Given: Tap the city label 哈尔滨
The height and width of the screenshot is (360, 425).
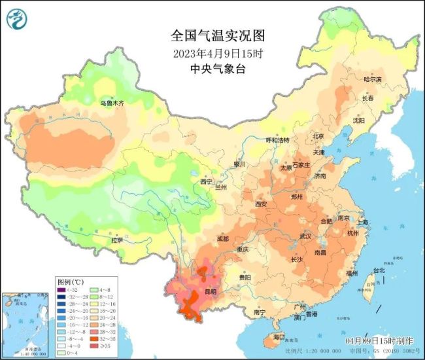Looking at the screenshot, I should point(373,79).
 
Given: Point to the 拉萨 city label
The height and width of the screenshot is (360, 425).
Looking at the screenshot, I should point(116,240).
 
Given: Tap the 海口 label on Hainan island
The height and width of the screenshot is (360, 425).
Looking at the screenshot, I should point(279,336).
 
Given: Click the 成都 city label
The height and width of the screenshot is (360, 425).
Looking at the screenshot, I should point(222,239).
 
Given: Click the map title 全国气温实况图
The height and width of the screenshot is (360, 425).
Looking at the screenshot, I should point(212,34).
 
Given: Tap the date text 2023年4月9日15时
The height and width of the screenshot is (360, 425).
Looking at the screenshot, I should point(212,52).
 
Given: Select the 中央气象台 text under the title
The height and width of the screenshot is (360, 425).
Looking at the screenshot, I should point(212,69).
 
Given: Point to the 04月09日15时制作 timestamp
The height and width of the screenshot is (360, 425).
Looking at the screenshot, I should point(379,341).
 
